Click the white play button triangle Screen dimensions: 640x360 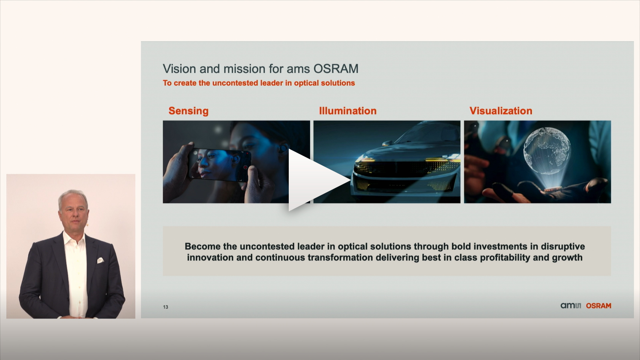[314, 180]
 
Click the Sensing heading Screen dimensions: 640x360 [188, 111]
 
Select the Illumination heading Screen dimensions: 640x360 [348, 110]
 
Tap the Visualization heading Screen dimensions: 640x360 [501, 110]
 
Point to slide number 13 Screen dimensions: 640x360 [165, 307]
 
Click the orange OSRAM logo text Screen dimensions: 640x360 [598, 306]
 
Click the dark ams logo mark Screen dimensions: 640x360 [571, 306]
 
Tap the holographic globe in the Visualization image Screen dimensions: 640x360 [546, 150]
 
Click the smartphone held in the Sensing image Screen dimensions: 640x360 [220, 165]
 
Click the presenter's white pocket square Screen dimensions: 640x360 [100, 260]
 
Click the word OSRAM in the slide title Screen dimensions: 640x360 [336, 69]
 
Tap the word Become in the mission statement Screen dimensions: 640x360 [203, 246]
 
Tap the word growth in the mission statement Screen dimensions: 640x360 [567, 258]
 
